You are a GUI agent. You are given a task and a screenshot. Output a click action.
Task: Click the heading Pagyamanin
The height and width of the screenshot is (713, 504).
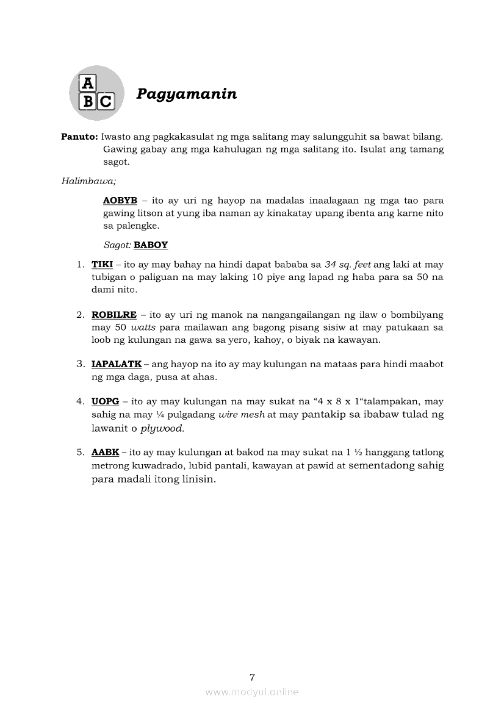186,94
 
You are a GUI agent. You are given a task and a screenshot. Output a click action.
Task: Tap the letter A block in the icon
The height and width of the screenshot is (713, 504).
88,83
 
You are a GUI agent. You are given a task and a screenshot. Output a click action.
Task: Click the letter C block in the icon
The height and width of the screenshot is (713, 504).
105,101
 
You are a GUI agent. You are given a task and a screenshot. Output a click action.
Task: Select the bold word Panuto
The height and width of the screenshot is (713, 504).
79,137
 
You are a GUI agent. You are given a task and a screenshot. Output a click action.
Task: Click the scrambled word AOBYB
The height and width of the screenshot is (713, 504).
120,200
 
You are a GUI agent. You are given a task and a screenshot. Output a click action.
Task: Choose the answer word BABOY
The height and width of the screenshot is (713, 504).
151,245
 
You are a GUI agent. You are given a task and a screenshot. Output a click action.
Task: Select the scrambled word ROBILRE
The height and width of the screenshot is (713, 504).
114,315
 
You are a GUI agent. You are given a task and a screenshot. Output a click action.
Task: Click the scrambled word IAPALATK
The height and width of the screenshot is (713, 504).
117,364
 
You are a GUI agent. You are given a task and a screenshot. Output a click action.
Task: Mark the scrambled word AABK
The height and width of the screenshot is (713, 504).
105,453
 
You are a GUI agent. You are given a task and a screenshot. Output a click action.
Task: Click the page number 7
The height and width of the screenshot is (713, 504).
252,676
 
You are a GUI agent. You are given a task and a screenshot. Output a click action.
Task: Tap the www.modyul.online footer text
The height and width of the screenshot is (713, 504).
252,692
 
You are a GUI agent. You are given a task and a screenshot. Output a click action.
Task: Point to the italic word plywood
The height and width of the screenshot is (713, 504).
162,428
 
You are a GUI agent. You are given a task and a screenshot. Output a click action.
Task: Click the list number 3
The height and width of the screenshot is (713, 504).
80,364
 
